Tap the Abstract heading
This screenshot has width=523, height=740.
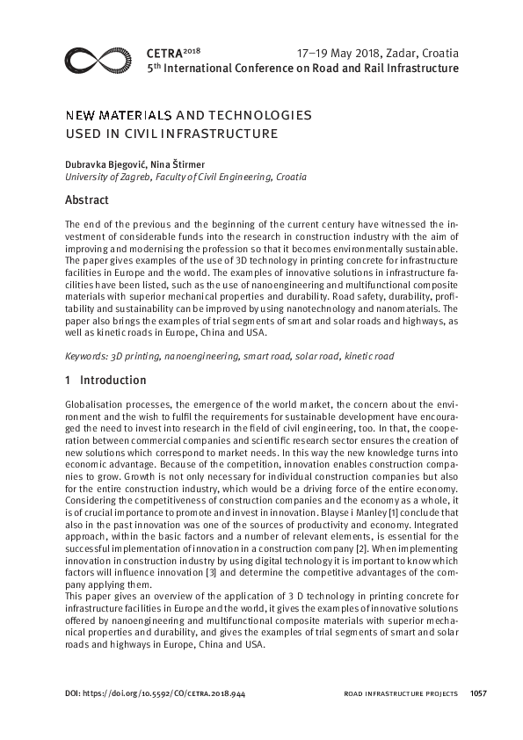[x=88, y=200]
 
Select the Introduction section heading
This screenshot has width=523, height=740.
[x=113, y=381]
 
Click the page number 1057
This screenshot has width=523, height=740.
[x=479, y=693]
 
